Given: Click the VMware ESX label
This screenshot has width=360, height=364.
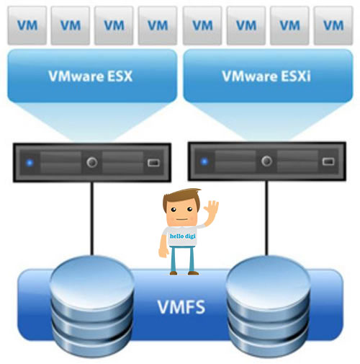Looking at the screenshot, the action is click(90, 76).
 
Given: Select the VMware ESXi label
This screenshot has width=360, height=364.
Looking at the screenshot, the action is click(266, 76).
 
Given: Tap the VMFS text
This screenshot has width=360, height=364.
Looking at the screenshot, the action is click(181, 307).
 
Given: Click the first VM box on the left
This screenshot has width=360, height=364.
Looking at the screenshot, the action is click(27, 25).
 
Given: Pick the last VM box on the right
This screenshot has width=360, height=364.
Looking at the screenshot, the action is click(333, 25).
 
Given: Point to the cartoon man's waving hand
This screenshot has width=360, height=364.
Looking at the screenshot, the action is click(212, 210).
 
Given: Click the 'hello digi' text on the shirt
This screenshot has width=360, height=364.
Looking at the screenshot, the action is click(183, 236).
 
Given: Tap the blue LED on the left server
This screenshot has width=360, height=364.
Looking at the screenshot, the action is click(30, 163).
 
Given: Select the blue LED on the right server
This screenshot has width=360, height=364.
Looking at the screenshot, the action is click(204, 161).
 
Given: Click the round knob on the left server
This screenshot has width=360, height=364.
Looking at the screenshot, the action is click(92, 162).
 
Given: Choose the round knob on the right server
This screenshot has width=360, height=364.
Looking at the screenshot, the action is click(266, 161).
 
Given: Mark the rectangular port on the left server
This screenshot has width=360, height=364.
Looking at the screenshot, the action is click(153, 163).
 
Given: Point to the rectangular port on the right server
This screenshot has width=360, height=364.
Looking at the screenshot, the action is click(328, 161).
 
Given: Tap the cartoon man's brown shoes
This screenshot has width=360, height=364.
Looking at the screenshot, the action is click(184, 272).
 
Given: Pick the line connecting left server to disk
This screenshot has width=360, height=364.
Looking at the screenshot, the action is click(92, 219).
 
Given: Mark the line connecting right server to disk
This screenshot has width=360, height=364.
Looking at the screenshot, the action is click(266, 218).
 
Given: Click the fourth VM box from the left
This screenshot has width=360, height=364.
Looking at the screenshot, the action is click(158, 25).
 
